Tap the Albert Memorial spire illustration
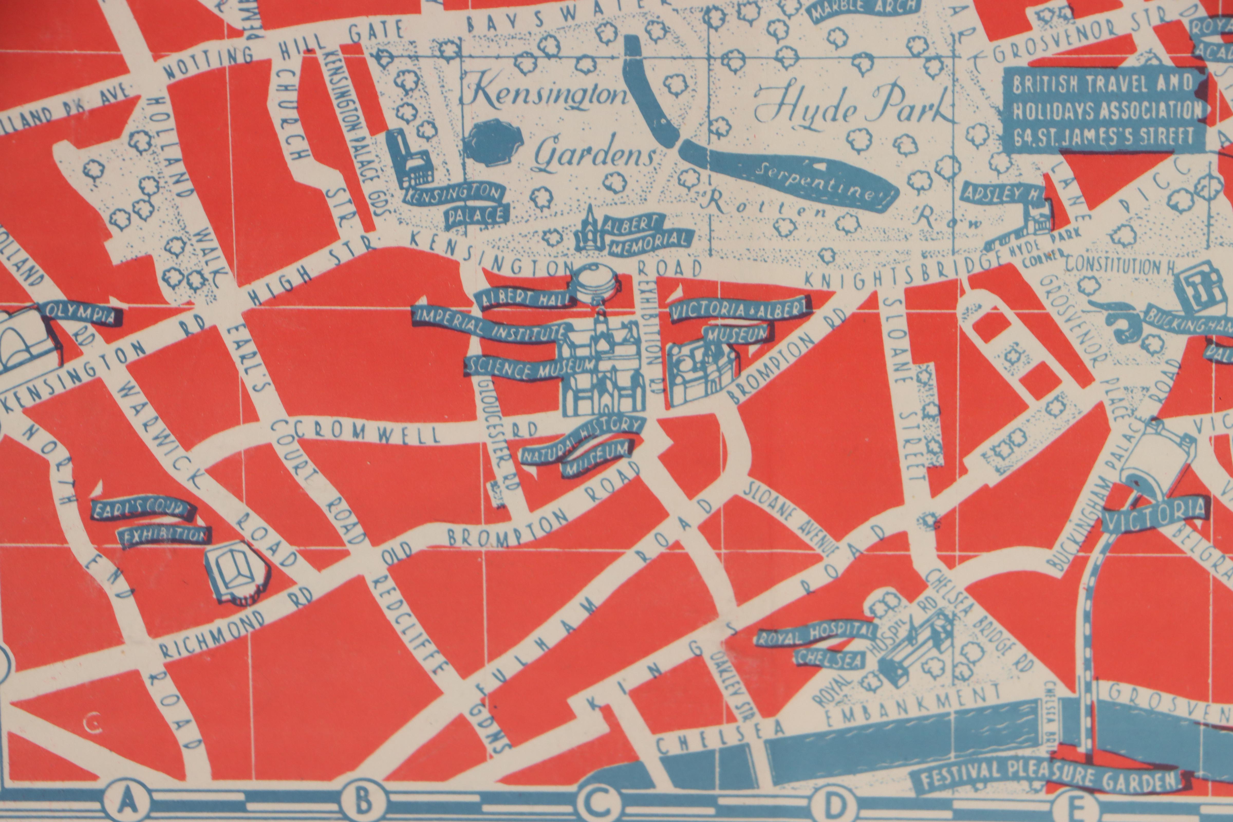(592, 231)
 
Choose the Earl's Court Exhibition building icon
(236, 574)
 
